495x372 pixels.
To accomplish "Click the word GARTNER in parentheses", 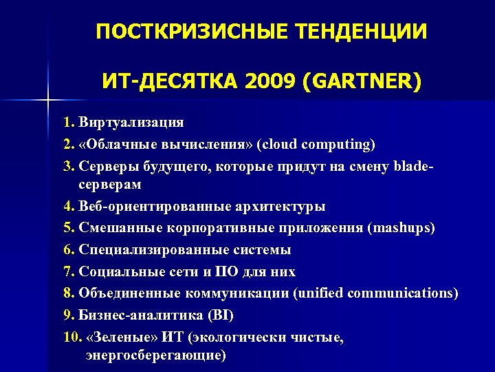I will coord(358,83).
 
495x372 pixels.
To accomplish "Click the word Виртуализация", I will coord(131,123).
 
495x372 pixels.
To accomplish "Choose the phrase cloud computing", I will coord(316,144).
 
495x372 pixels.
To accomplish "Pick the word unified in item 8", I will coord(320,293).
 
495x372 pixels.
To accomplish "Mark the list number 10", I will coord(70,338).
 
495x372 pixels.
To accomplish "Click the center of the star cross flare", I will coord(48,101).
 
